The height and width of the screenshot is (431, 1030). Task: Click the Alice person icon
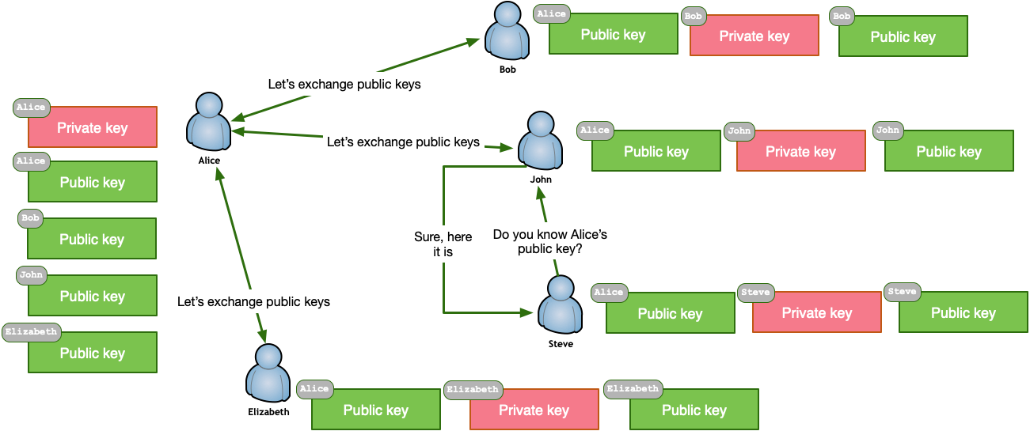(208, 123)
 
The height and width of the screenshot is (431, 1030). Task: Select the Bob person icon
(507, 32)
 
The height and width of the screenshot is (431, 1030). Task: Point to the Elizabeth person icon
(268, 373)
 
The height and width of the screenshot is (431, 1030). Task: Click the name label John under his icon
(541, 180)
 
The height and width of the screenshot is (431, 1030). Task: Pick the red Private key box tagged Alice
(93, 128)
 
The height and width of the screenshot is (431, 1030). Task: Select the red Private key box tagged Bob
(754, 36)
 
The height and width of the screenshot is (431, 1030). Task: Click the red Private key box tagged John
(800, 152)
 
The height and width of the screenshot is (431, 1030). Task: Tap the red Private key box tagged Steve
(816, 313)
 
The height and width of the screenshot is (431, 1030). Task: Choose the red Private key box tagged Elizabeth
(534, 410)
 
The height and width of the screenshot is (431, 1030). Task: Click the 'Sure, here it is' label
(443, 244)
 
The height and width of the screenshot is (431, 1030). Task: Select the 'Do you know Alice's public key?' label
(550, 241)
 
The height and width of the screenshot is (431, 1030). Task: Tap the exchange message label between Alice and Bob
(344, 84)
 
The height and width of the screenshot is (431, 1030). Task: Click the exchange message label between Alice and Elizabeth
(253, 301)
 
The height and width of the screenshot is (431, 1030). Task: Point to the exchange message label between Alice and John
(403, 142)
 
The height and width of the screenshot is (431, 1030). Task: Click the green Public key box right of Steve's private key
(963, 313)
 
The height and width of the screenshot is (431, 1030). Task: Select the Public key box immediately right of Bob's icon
(613, 35)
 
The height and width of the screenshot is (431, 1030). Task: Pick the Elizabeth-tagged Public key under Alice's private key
(93, 353)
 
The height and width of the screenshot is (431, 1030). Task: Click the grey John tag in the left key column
(32, 275)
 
